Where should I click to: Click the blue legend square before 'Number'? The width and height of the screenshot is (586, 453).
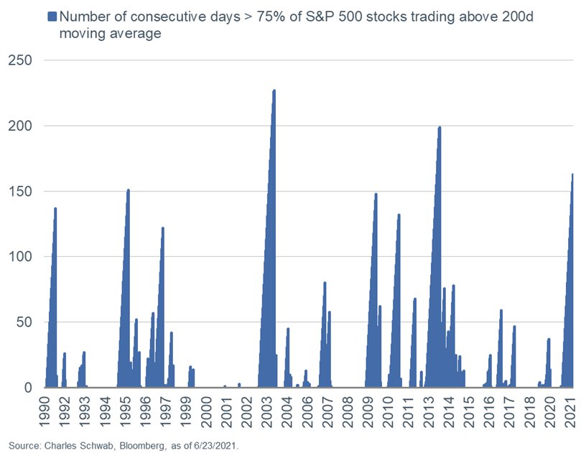point(51,16)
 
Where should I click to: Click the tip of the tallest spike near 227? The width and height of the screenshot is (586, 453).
point(274,91)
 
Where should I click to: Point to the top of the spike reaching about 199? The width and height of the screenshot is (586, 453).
point(439,127)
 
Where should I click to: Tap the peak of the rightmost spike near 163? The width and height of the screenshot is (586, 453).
point(572,174)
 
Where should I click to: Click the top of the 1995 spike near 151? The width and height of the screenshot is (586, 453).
point(129,190)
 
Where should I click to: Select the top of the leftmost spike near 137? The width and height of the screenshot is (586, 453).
point(55,209)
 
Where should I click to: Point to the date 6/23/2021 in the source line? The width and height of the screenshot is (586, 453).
point(213,445)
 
